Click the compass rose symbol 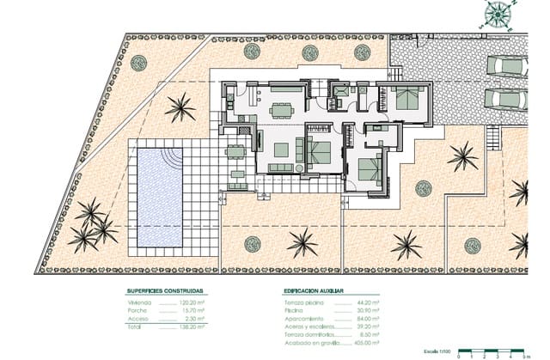[x=496, y=14]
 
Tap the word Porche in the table [x=139, y=311]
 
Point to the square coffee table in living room [x=281, y=149]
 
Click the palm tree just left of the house [x=180, y=108]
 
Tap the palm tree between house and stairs [x=462, y=156]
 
